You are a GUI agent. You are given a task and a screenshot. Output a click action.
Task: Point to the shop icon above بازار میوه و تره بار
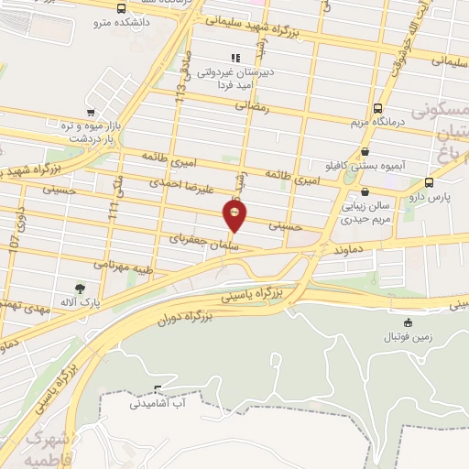pos(90,114)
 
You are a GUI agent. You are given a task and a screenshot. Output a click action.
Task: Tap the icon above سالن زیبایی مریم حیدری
pos(366,192)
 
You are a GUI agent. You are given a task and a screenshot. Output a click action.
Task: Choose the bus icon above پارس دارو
pos(430,182)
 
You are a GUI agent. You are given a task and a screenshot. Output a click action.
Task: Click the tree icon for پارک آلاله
pos(80,289)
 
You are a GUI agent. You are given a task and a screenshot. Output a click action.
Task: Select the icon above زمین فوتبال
pos(408,322)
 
